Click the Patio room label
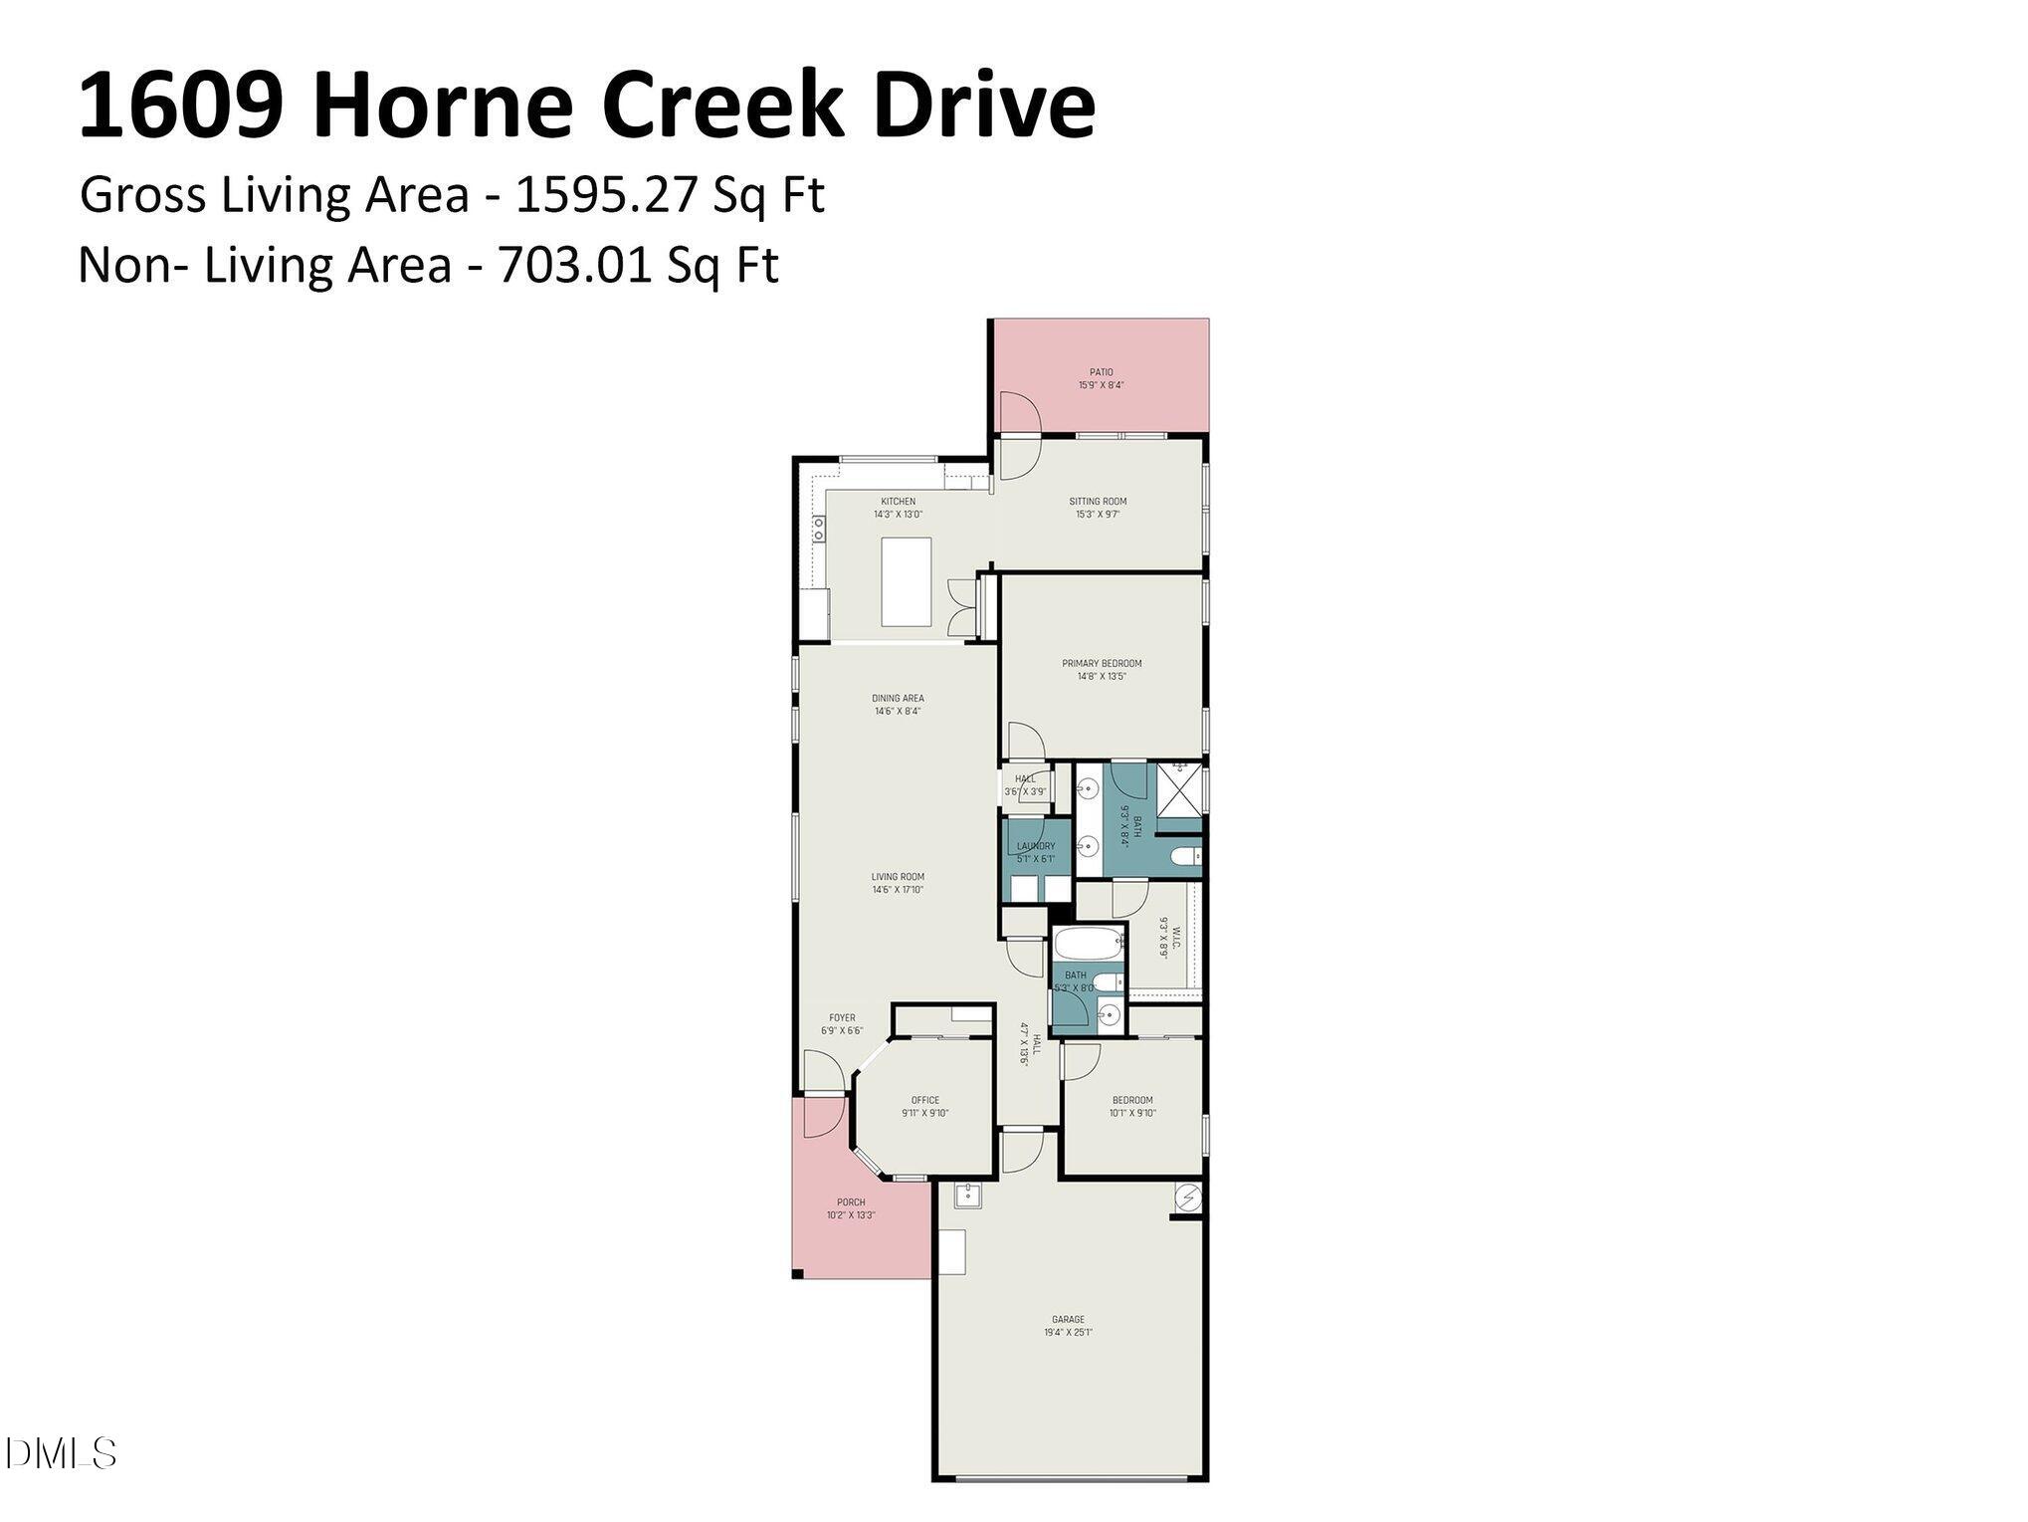[x=1101, y=372]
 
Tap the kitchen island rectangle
[x=906, y=581]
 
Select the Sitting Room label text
[x=1098, y=502]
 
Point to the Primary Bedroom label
[x=1102, y=664]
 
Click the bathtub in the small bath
[x=1086, y=943]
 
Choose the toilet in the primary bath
[x=1184, y=857]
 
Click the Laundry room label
[x=1035, y=846]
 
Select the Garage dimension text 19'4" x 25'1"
[x=1068, y=1333]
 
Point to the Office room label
[x=924, y=1101]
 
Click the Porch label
[x=851, y=1202]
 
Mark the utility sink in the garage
[x=967, y=1196]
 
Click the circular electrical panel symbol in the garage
[x=1188, y=1197]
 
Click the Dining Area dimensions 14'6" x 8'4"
[x=898, y=712]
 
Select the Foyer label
[x=842, y=1018]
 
